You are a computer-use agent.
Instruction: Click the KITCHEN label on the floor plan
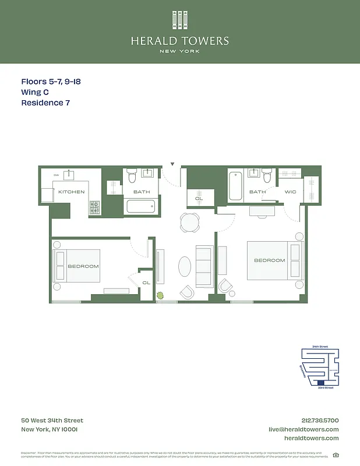pos(71,192)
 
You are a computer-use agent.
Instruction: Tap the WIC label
pos(291,192)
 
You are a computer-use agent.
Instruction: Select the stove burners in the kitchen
pos(94,206)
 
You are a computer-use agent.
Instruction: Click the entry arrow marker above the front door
pos(172,165)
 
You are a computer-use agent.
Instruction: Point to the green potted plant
pos(160,295)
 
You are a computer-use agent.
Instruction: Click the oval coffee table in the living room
pos(184,267)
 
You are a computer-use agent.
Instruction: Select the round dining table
pos(189,221)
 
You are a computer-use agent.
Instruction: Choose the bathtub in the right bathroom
pos(235,186)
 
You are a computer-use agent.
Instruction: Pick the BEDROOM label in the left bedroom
pos(83,266)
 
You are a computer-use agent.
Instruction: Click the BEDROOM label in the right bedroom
pos(269,260)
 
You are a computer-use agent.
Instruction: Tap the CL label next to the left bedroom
pos(146,283)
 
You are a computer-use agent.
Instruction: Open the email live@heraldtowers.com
pos(303,429)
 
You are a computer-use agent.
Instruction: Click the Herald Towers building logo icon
pos(180,20)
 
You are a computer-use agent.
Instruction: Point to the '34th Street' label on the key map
pos(320,347)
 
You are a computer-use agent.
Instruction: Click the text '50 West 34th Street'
pos(52,421)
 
